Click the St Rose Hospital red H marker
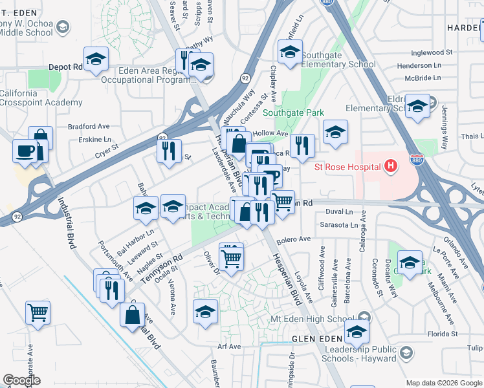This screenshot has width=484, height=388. [390, 167]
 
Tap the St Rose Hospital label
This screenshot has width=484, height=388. [347, 167]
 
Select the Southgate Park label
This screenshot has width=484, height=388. [294, 113]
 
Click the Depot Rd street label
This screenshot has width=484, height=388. [66, 67]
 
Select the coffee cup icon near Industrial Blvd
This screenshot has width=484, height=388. [26, 151]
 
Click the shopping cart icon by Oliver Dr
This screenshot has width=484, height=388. [231, 258]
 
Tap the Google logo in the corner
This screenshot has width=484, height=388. [21, 380]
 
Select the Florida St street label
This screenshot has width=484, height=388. [444, 334]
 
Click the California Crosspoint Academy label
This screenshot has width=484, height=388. [41, 98]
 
